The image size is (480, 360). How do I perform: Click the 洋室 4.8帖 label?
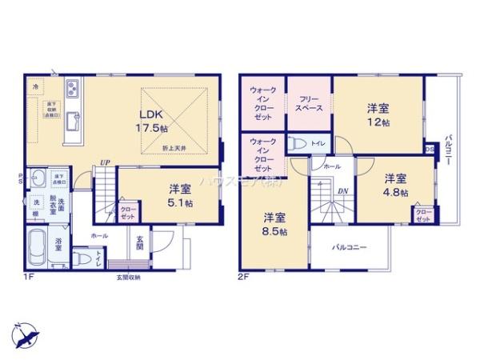(x=394, y=185)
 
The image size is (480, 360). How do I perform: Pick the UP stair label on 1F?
(x=105, y=163)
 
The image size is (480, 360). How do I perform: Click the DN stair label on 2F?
(x=342, y=192)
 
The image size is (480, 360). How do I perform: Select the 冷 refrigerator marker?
(x=35, y=85)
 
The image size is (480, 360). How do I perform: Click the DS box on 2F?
(x=430, y=149)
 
